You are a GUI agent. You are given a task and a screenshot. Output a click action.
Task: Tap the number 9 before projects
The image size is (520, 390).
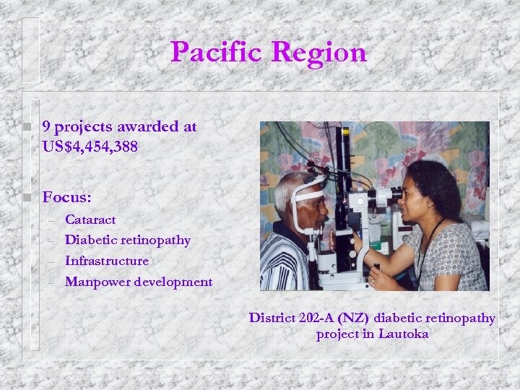(46, 127)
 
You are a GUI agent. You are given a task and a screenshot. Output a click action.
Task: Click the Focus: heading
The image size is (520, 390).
(66, 197)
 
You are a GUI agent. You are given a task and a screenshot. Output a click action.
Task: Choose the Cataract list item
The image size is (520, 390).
(90, 219)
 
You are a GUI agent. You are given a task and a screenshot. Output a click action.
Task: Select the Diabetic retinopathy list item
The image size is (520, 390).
(128, 240)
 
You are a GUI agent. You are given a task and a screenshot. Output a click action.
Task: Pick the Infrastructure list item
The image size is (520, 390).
(107, 261)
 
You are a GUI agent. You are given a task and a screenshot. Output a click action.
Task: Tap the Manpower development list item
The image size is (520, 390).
(139, 282)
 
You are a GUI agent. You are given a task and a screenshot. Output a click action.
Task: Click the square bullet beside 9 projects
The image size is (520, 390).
(26, 128)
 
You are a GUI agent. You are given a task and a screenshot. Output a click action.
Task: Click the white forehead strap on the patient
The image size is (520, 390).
(306, 194)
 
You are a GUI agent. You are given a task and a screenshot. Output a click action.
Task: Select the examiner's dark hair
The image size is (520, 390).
(438, 184)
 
